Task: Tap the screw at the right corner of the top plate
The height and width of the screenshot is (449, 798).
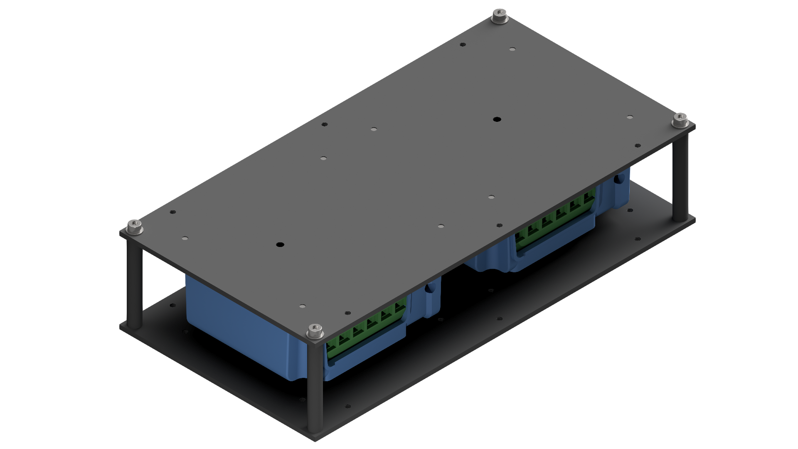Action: pos(680,121)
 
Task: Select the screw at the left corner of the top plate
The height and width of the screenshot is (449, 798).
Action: pos(134,227)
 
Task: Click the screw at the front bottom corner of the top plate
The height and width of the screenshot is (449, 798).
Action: pos(315,331)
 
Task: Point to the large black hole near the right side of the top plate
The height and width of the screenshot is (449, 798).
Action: pos(496,119)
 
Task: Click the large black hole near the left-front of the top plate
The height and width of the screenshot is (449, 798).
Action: pos(280,244)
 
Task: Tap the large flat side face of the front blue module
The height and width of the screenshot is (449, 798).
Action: pos(237,320)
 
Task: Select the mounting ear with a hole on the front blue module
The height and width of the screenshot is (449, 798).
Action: pos(430,291)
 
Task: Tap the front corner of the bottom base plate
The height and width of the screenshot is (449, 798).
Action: pos(316,439)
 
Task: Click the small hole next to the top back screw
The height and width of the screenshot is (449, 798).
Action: pos(463,44)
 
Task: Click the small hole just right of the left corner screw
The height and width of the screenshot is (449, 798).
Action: pos(173,212)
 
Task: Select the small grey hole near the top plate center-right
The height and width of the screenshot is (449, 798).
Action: pos(491,197)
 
